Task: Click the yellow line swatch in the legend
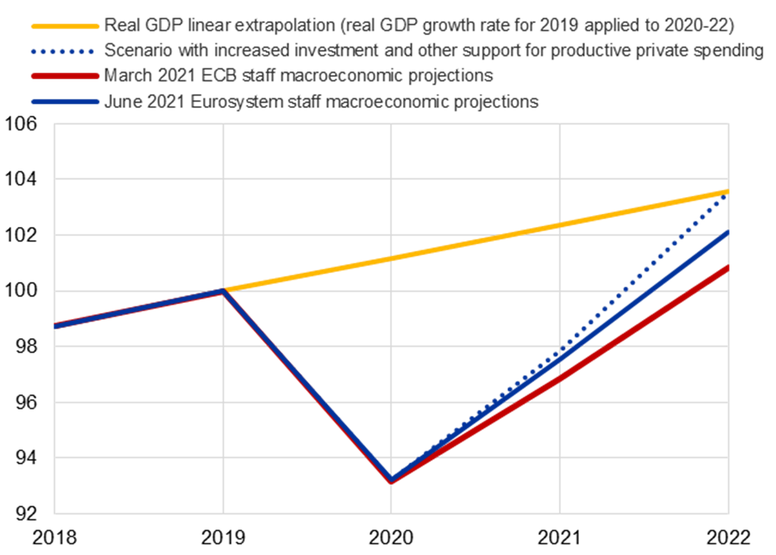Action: point(65,26)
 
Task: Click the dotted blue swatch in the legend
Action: point(65,51)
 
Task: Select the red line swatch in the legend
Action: point(65,76)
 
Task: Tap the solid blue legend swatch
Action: point(65,101)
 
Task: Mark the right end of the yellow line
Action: point(728,191)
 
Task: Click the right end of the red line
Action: point(728,267)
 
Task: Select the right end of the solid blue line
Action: point(728,232)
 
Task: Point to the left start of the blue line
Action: point(55,326)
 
